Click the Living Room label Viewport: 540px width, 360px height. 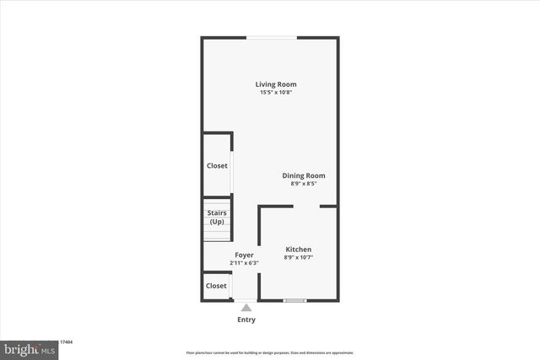point(277,84)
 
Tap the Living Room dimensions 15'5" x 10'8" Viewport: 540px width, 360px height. point(277,93)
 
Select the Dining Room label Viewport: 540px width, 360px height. point(303,175)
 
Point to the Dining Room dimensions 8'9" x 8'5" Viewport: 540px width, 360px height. point(303,184)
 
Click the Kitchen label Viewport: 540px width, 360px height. point(299,250)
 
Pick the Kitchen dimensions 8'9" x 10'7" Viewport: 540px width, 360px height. point(299,258)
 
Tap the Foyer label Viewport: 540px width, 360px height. point(244,255)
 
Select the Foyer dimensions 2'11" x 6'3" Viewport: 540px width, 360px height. point(244,263)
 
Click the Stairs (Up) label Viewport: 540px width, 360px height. point(217,217)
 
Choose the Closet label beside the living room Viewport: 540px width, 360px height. point(217,166)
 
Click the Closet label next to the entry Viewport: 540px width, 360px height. point(216,286)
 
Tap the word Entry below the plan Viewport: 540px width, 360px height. point(246,320)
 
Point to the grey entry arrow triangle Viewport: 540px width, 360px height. point(246,308)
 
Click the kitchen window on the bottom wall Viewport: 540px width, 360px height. point(295,300)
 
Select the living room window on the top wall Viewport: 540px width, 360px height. point(271,37)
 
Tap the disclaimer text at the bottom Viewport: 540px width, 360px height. point(270,352)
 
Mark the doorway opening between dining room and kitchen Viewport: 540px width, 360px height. point(307,205)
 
